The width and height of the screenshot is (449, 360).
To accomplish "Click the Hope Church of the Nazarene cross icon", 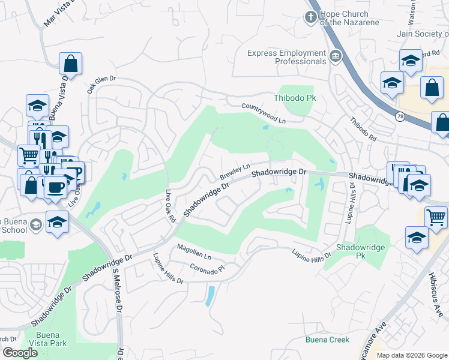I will [x=311, y=16].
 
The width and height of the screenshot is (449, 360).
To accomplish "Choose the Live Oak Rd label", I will [x=169, y=208].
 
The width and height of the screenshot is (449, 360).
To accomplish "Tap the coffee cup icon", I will [x=55, y=187].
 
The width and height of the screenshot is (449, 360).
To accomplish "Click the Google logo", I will [x=20, y=353].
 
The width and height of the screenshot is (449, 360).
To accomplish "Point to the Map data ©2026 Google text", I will [x=411, y=355].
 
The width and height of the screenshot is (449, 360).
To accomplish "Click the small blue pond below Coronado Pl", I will [x=209, y=295].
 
